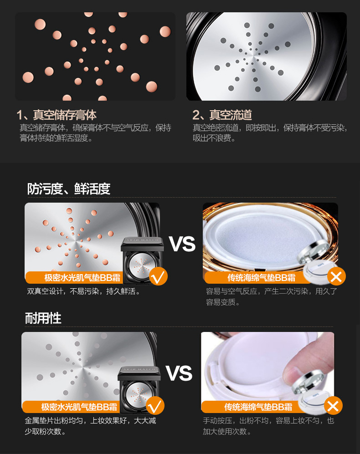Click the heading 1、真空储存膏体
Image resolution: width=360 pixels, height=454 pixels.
pyautogui.click(x=57, y=115)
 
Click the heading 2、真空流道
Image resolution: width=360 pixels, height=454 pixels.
pyautogui.click(x=222, y=115)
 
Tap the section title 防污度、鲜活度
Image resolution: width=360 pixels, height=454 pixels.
pyautogui.click(x=69, y=189)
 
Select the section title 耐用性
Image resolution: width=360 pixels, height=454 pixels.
pyautogui.click(x=43, y=318)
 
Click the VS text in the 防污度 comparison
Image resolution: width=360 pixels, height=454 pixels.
pyautogui.click(x=182, y=244)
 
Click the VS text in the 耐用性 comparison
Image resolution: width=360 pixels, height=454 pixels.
pyautogui.click(x=179, y=373)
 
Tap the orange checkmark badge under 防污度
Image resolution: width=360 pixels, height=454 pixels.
pyautogui.click(x=158, y=276)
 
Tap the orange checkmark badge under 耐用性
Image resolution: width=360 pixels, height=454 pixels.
pyautogui.click(x=155, y=406)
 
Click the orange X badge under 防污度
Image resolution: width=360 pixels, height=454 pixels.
pyautogui.click(x=336, y=276)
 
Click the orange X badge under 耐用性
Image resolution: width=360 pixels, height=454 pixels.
pyautogui.click(x=333, y=406)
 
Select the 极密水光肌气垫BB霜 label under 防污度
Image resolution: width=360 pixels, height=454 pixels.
pyautogui.click(x=82, y=278)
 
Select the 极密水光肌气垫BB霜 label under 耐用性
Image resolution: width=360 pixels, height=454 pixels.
pyautogui.click(x=79, y=407)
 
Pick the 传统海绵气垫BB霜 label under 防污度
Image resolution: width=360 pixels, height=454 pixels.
pyautogui.click(x=262, y=278)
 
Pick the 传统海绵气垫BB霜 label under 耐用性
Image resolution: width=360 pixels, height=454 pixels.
pyautogui.click(x=258, y=407)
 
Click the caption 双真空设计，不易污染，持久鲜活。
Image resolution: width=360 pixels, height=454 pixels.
pyautogui.click(x=83, y=291)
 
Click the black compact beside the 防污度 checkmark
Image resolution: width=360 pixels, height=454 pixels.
pyautogui.click(x=142, y=260)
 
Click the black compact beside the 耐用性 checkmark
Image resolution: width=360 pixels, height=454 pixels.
pyautogui.click(x=139, y=390)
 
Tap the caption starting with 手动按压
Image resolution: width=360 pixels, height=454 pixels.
pyautogui.click(x=268, y=426)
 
